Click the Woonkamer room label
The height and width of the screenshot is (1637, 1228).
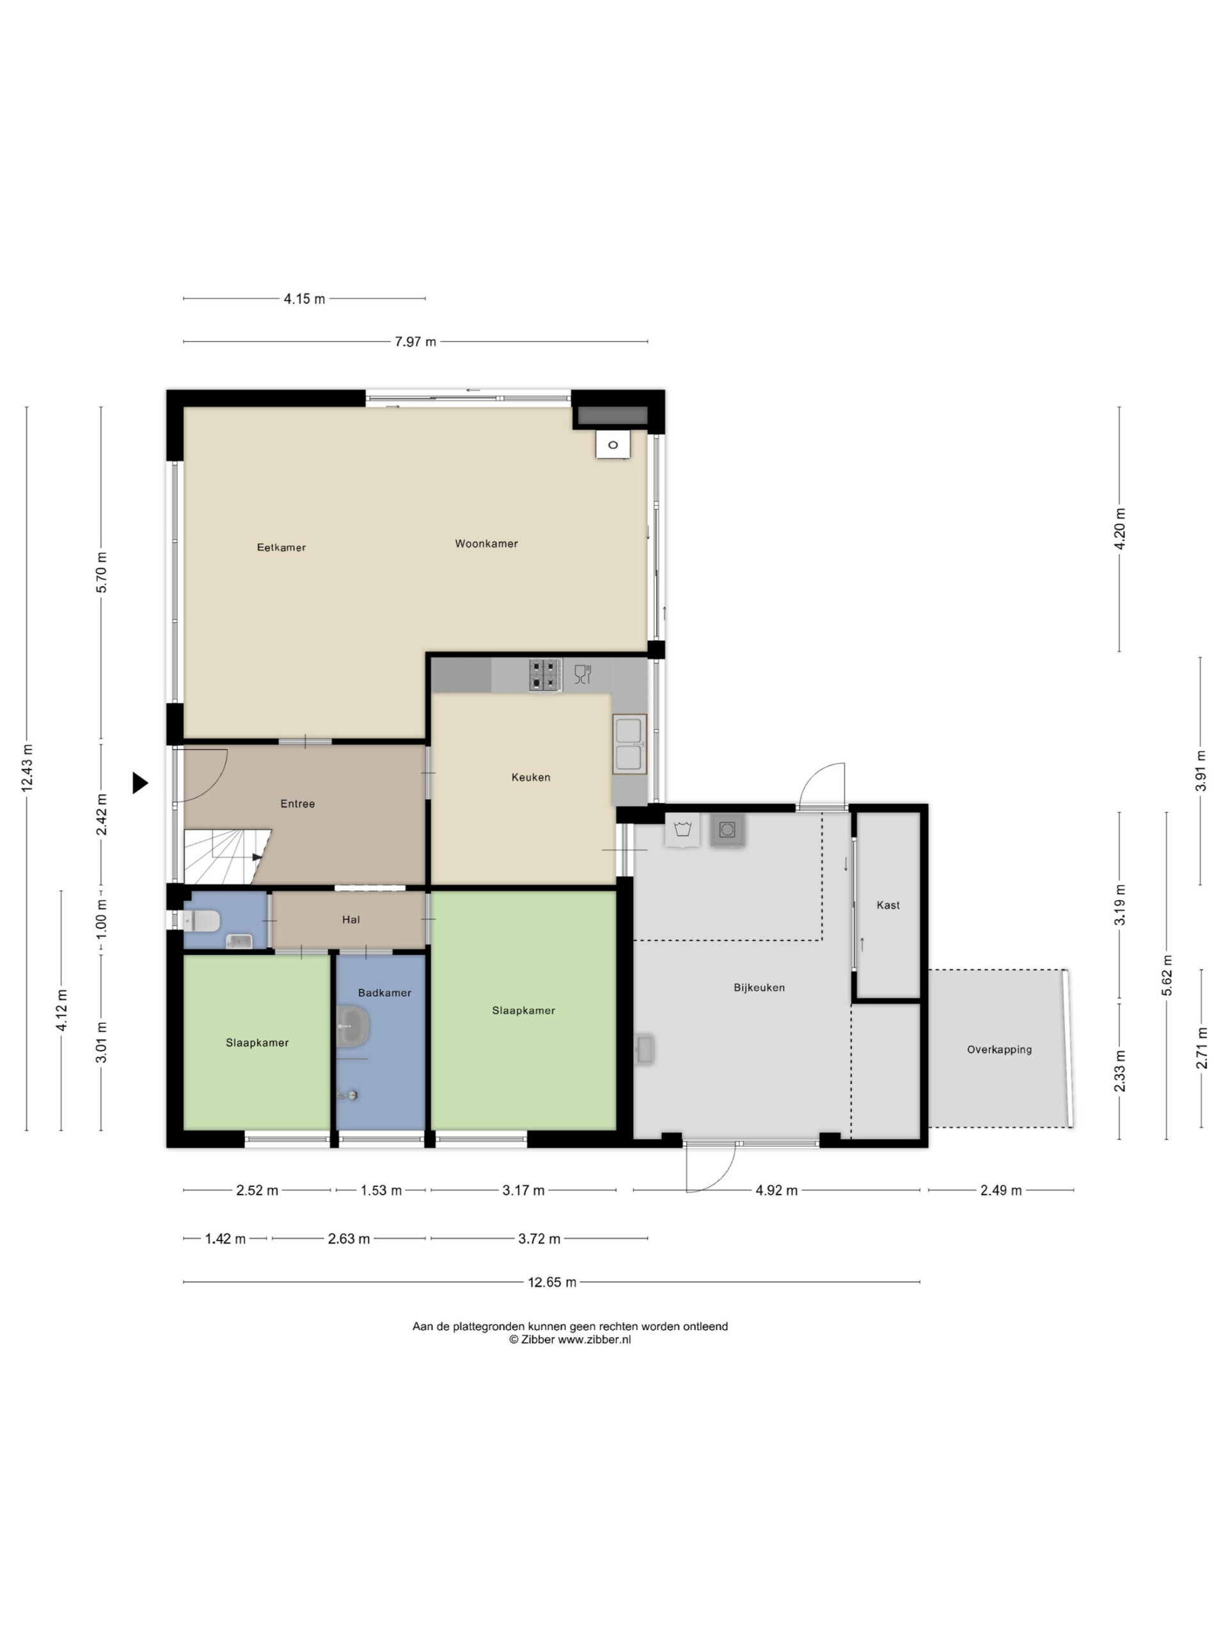click(x=486, y=544)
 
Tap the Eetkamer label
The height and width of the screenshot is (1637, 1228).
click(x=281, y=547)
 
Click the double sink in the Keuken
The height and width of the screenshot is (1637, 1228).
click(x=629, y=744)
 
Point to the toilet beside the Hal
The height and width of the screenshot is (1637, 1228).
click(x=201, y=921)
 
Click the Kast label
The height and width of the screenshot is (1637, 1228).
click(x=888, y=905)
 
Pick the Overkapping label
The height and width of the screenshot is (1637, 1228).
click(x=999, y=1049)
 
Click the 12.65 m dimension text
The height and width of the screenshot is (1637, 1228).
click(x=552, y=1283)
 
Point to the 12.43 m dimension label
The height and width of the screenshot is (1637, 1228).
click(x=28, y=768)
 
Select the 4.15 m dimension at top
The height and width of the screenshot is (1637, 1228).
click(x=304, y=299)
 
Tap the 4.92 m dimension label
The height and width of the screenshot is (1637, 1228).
click(x=776, y=1191)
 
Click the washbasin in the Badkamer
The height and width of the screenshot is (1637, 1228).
click(x=353, y=1026)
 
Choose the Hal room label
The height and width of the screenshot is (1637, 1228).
click(x=351, y=920)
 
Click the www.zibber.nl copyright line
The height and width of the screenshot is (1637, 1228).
click(x=570, y=1340)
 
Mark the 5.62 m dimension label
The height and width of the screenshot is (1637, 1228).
click(x=1167, y=975)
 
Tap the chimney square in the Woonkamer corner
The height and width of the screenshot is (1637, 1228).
click(x=613, y=445)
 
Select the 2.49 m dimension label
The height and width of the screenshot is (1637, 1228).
click(x=1001, y=1191)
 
